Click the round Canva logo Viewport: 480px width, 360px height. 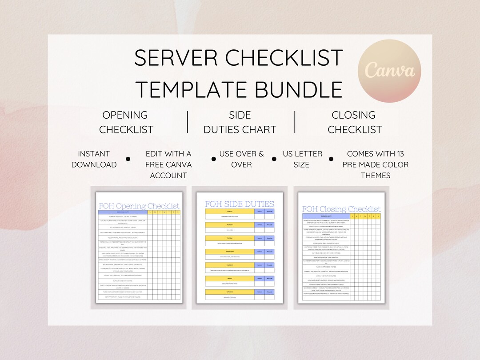click(390, 71)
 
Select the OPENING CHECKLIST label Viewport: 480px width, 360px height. click(126, 122)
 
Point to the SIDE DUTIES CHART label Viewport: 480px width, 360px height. click(240, 122)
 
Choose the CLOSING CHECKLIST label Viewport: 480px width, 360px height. click(354, 122)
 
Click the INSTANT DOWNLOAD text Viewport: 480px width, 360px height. click(94, 159)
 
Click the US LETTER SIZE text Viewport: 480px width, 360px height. click(302, 159)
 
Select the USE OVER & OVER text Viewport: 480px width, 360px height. click(241, 159)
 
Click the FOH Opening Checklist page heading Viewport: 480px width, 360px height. click(139, 206)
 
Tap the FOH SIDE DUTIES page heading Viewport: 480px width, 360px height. click(240, 204)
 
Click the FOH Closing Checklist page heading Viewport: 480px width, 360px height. click(341, 209)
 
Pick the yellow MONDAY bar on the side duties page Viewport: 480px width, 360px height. click(230, 225)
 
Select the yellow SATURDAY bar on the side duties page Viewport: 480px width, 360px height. click(230, 292)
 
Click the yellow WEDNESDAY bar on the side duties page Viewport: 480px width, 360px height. click(230, 252)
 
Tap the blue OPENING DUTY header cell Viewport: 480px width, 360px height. click(123, 212)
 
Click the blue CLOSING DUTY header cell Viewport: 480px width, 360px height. click(327, 216)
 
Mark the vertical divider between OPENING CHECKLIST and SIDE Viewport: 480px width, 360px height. click(187, 122)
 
